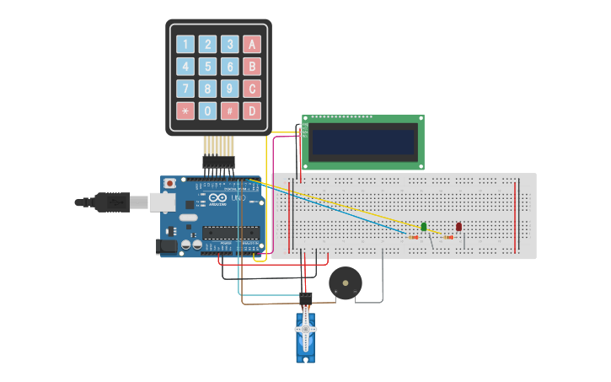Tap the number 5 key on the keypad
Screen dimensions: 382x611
[x=207, y=67]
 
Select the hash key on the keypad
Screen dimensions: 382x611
[x=229, y=110]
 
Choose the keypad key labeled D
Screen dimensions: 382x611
[x=252, y=110]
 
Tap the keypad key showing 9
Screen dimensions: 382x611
[x=229, y=89]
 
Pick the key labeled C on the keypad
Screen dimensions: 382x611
[x=252, y=89]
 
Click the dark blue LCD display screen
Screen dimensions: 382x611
[x=363, y=142]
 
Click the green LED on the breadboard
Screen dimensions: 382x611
[x=424, y=226]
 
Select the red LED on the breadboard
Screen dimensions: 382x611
[x=458, y=226]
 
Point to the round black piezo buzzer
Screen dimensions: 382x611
[x=345, y=282]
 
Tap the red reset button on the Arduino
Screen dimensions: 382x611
[x=169, y=183]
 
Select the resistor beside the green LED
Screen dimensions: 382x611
[x=413, y=238]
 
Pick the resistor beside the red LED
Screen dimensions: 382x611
[x=448, y=238]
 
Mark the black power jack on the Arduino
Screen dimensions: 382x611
[x=167, y=246]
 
